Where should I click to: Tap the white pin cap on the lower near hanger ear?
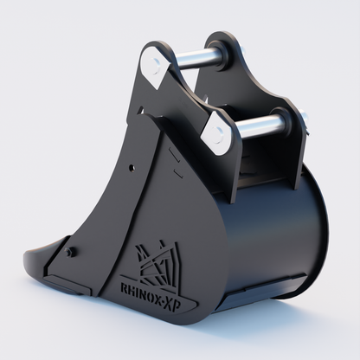tap(217, 133)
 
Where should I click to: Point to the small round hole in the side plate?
tap(132, 167)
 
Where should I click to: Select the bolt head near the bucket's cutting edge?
tap(70, 252)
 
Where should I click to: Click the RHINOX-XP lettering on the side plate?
tap(151, 294)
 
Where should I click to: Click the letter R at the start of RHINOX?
tap(123, 288)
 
